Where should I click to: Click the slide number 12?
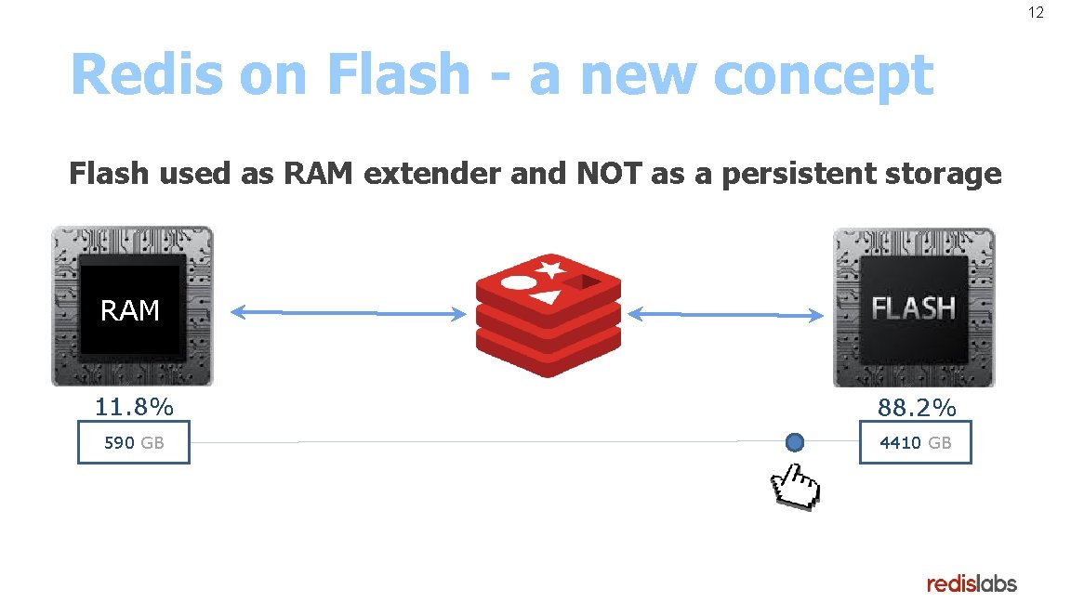[1036, 13]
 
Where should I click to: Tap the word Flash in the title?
[400, 74]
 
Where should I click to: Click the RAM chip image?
[131, 306]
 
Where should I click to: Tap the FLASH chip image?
[913, 306]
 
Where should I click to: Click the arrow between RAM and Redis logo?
[348, 314]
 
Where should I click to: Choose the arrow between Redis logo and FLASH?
[725, 315]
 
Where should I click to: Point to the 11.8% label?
[134, 407]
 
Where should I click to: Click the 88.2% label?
[917, 408]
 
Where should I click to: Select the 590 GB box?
[134, 442]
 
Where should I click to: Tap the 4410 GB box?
[915, 442]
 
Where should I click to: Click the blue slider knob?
[794, 442]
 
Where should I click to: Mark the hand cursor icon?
[793, 487]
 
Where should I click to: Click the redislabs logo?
[972, 583]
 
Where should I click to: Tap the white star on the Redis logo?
[549, 269]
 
